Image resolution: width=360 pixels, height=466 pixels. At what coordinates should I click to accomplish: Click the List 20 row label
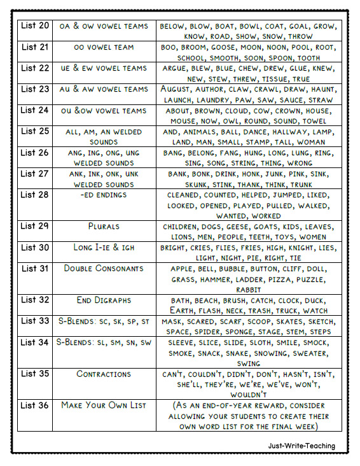pyautogui.click(x=34, y=26)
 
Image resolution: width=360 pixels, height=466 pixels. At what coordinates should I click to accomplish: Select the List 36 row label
pyautogui.click(x=34, y=405)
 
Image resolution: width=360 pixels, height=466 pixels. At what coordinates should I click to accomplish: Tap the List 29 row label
pyautogui.click(x=34, y=226)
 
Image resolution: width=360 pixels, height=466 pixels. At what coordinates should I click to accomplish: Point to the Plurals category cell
pyautogui.click(x=104, y=226)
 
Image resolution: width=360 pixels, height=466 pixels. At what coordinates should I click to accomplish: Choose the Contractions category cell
pyautogui.click(x=104, y=374)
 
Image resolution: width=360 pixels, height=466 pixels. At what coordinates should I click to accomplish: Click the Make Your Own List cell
pyautogui.click(x=104, y=405)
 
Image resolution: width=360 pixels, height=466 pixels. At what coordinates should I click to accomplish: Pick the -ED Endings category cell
pyautogui.click(x=104, y=195)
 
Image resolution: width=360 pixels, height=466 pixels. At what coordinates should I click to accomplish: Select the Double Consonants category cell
pyautogui.click(x=104, y=268)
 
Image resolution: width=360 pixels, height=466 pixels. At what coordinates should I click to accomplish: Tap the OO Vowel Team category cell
pyautogui.click(x=104, y=47)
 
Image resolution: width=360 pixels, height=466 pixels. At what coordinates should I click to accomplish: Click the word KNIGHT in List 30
pyautogui.click(x=296, y=248)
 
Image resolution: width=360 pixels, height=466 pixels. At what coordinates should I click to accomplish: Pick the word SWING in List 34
pyautogui.click(x=248, y=364)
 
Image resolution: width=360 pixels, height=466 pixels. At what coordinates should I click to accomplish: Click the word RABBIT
pyautogui.click(x=248, y=290)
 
